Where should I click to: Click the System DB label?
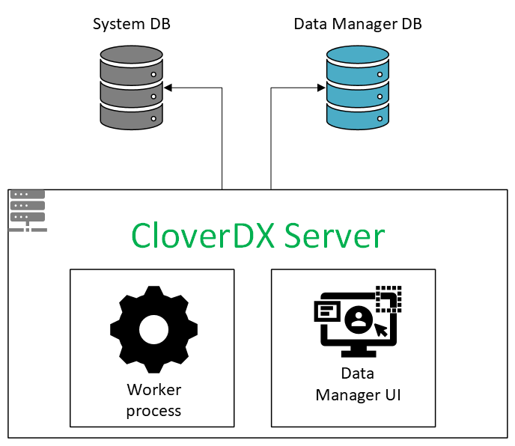(x=131, y=24)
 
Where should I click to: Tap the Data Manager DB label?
(x=358, y=24)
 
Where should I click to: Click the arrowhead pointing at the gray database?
(x=169, y=88)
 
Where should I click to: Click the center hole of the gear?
(x=153, y=329)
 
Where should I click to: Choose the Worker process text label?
(x=153, y=400)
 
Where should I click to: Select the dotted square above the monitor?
(x=388, y=297)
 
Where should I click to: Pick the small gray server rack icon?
(x=28, y=210)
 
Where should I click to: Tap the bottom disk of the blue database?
(x=358, y=114)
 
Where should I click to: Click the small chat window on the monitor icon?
(x=326, y=309)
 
